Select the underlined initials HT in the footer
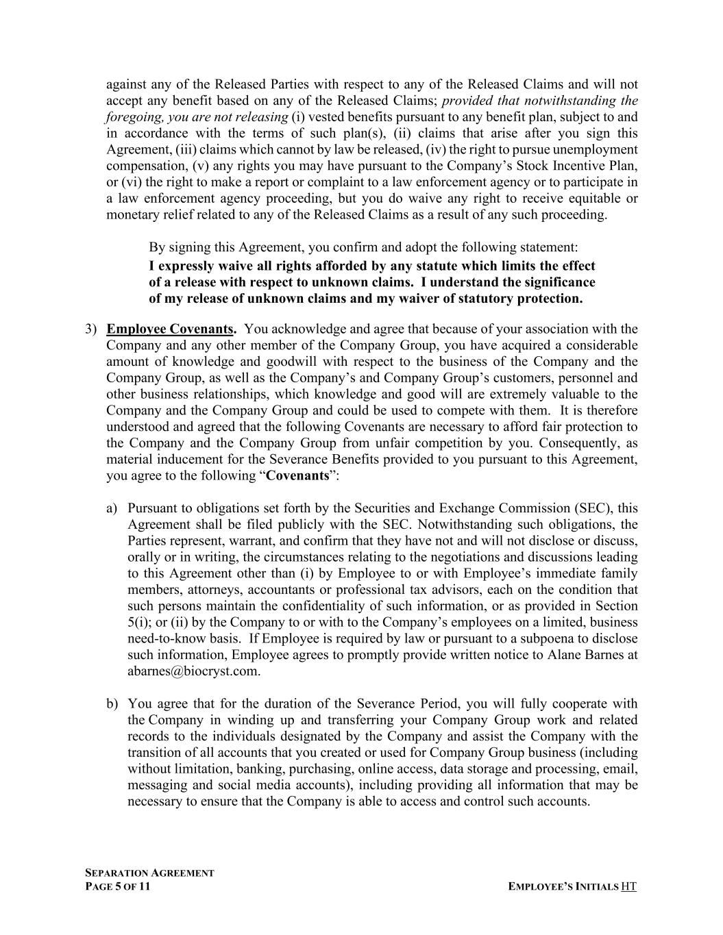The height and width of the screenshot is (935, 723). point(628,887)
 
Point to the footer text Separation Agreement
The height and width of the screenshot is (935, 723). point(149,873)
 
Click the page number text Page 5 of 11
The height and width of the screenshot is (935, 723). point(118,887)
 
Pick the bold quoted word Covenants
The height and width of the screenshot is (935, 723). point(297,476)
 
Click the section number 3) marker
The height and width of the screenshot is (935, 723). point(91,329)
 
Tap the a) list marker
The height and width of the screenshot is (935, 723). point(112,508)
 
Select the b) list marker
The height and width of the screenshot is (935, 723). point(112,704)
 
